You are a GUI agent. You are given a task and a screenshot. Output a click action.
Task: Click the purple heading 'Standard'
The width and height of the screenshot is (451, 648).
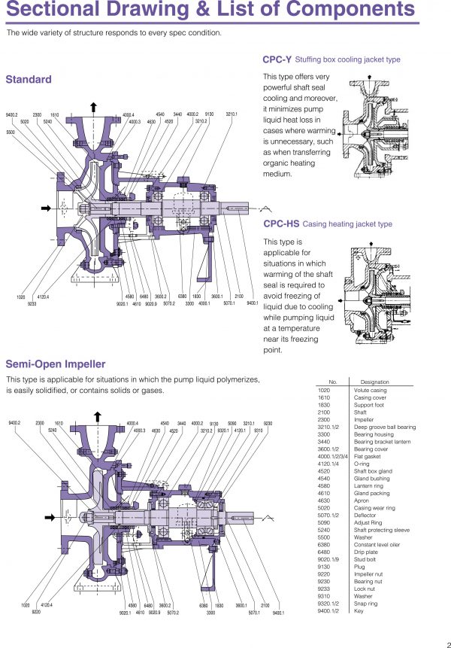tap(29, 80)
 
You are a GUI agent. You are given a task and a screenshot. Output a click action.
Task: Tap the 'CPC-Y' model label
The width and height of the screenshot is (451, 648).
tap(277, 59)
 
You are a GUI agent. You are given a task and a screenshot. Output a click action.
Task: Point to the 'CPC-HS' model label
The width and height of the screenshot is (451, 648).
tap(280, 224)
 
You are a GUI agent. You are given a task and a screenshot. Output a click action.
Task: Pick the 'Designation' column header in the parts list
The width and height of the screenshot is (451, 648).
tap(375, 382)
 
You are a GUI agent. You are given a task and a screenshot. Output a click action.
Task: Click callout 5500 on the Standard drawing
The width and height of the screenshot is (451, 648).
tap(11, 132)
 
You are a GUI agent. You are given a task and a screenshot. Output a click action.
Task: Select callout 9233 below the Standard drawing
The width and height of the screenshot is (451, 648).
tap(32, 303)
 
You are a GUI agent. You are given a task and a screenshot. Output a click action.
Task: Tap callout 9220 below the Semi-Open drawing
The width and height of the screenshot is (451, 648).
tap(35, 611)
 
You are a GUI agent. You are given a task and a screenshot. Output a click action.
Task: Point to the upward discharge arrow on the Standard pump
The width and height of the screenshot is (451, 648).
tap(93, 106)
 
